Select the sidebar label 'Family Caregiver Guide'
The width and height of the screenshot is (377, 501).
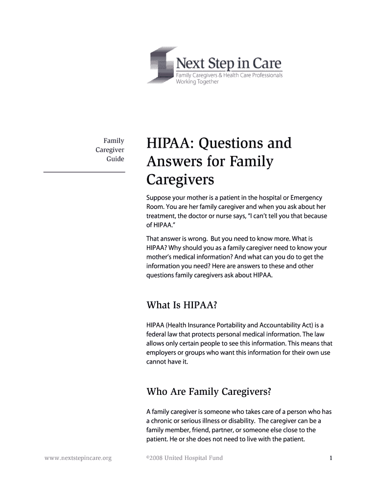[110, 150]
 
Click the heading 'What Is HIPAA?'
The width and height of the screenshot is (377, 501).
[182, 305]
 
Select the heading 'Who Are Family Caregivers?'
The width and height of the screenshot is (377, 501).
[209, 392]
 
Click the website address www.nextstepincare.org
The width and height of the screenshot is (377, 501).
[78, 458]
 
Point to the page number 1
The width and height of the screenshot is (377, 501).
[331, 458]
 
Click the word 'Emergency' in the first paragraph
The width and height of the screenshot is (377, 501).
[306, 197]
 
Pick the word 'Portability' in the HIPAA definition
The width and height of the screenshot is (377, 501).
[238, 324]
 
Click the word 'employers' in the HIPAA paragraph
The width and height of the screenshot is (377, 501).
[161, 352]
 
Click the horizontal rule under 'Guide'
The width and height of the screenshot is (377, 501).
[84, 172]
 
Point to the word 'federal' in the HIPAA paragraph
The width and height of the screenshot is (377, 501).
[156, 334]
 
